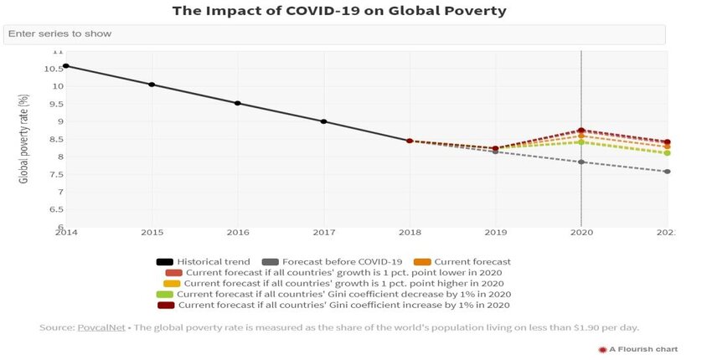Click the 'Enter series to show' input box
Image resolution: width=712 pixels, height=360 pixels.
335,34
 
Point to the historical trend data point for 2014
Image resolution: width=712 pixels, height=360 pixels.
65,66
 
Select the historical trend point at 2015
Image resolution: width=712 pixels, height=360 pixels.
152,85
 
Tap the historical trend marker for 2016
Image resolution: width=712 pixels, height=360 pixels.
238,104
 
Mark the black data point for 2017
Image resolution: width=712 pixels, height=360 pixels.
323,121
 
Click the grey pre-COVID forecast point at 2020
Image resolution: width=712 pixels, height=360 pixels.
581,162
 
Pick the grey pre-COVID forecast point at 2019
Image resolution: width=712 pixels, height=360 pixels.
495,152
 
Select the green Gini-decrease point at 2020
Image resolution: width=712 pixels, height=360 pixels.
581,142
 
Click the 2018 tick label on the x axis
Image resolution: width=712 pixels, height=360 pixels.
410,231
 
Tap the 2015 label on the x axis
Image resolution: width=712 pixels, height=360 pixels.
152,231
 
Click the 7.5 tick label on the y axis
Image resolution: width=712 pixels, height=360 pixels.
55,175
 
